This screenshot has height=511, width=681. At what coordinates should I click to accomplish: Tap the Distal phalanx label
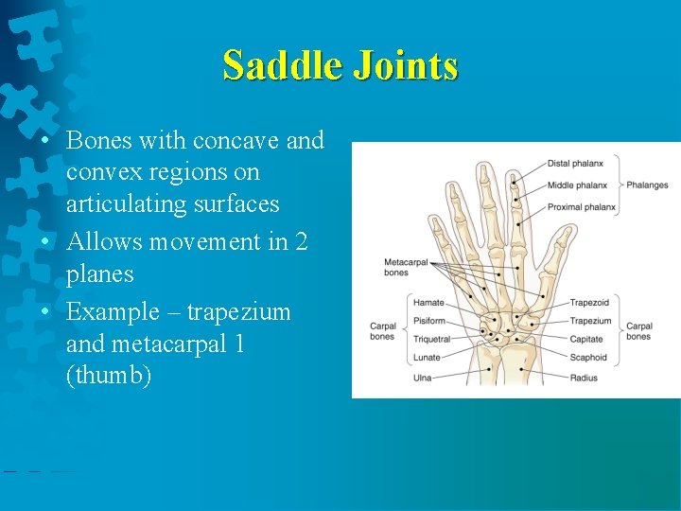pyautogui.click(x=577, y=163)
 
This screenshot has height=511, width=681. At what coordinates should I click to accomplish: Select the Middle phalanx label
pyautogui.click(x=577, y=185)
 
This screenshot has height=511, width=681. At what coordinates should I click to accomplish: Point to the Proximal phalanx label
pyautogui.click(x=581, y=206)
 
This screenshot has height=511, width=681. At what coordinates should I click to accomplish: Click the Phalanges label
pyautogui.click(x=647, y=185)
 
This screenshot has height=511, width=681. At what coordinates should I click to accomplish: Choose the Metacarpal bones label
pyautogui.click(x=396, y=267)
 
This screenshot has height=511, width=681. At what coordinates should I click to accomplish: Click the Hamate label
pyautogui.click(x=428, y=303)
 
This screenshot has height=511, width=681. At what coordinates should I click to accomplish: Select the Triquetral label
pyautogui.click(x=431, y=339)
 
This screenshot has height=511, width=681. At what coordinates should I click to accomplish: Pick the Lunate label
pyautogui.click(x=428, y=358)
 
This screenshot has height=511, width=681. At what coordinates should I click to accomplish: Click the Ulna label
pyautogui.click(x=423, y=378)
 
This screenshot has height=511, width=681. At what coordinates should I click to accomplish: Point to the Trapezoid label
pyautogui.click(x=589, y=303)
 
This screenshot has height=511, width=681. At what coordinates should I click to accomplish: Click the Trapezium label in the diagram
pyautogui.click(x=590, y=321)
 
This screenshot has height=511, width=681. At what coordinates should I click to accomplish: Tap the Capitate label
pyautogui.click(x=586, y=339)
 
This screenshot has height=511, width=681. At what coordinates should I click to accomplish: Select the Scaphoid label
pyautogui.click(x=588, y=358)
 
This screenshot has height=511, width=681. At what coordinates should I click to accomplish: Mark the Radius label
pyautogui.click(x=584, y=378)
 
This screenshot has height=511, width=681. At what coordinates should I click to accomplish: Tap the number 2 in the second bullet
pyautogui.click(x=302, y=242)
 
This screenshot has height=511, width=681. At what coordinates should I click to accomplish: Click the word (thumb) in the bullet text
pyautogui.click(x=109, y=377)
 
